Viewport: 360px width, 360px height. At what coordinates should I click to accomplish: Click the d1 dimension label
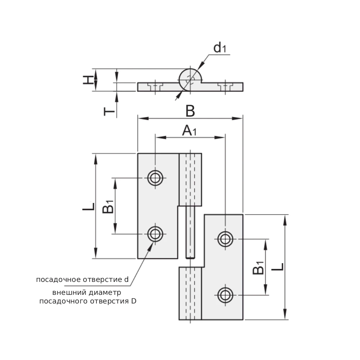coord(219,48)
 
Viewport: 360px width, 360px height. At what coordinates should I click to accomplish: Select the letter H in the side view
coord(87,80)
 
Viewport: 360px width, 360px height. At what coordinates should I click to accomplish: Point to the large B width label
coord(190,112)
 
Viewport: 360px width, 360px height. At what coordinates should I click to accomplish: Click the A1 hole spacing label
coord(189,131)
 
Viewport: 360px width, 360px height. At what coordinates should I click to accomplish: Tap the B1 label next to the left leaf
coord(108,207)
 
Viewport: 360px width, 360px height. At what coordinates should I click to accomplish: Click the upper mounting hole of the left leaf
coord(155,178)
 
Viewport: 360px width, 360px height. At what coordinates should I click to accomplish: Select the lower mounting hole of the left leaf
coord(155,234)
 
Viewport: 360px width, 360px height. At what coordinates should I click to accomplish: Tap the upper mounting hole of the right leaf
coord(225,239)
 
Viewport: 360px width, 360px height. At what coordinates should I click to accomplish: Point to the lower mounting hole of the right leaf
coord(225,295)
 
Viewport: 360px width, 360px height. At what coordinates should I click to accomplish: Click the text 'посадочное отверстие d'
coord(82,280)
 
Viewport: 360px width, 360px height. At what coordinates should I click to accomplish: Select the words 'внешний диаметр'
coord(86,292)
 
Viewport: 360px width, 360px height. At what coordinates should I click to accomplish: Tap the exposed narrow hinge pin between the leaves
coord(190,233)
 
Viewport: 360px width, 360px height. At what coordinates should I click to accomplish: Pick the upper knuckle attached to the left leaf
coord(190,180)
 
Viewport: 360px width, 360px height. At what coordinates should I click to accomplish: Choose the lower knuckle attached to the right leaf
coord(190,293)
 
